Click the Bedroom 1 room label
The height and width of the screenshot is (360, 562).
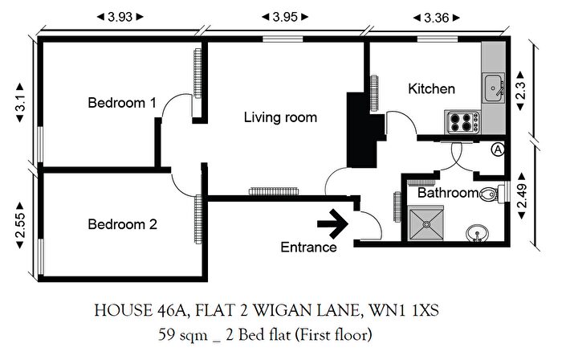(122, 103)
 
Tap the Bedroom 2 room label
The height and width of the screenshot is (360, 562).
(122, 225)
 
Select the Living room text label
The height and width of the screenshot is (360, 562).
(280, 117)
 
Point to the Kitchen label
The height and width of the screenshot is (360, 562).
(431, 88)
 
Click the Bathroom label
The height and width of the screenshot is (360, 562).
(447, 193)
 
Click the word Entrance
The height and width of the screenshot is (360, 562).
(308, 247)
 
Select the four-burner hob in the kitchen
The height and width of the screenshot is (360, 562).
(462, 122)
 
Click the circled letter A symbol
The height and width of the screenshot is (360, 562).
(498, 149)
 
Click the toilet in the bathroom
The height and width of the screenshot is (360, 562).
(491, 194)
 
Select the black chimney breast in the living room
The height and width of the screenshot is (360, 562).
(356, 129)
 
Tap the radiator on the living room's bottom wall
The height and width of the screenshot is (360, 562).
(273, 191)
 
